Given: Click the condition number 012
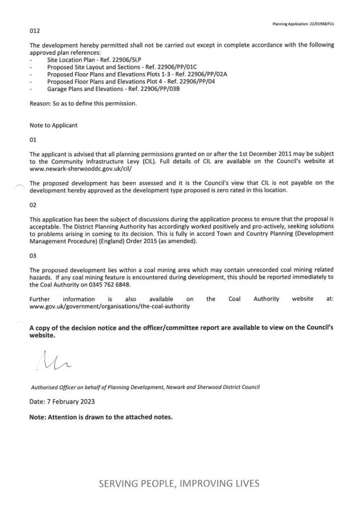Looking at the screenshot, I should pos(34,31).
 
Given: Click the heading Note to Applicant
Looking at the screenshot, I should pos(53,126).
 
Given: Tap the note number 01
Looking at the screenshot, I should pos(33,140).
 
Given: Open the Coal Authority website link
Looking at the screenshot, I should pos(109,307).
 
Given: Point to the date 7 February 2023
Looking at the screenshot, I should pos(62,401).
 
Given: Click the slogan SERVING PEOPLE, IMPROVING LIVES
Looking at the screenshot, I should pos(180,483).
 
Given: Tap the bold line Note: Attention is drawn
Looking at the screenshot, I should pos(101,417).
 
